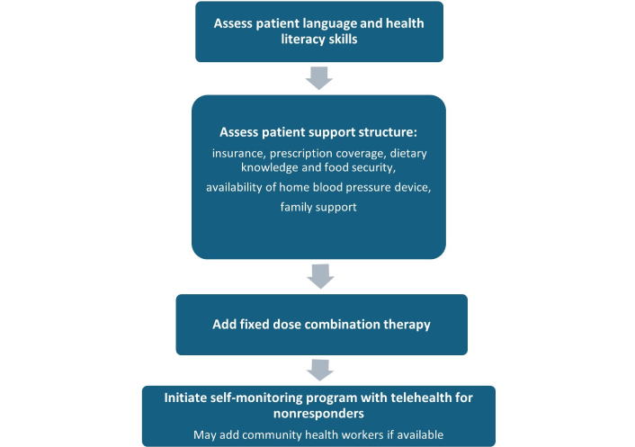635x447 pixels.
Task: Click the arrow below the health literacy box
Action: tap(319, 78)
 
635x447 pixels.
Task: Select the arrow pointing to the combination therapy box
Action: tap(320, 276)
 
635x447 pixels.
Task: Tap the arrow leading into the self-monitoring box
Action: tap(320, 370)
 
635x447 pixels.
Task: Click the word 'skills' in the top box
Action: tap(344, 40)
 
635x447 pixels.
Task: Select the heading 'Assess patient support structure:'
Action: tap(318, 133)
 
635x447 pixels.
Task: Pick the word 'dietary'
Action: tap(408, 154)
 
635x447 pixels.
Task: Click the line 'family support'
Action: tap(318, 208)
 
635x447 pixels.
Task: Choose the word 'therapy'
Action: tap(408, 325)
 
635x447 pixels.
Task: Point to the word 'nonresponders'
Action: tap(318, 414)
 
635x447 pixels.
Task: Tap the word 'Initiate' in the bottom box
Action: tap(185, 398)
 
